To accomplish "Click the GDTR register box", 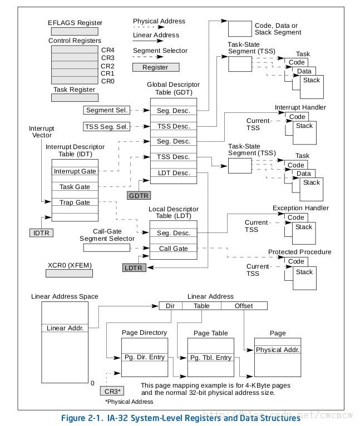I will (139, 196).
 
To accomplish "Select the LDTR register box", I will (134, 268).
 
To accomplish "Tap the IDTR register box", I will (42, 233).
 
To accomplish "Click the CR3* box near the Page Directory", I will (111, 390).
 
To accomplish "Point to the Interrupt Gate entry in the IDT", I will (75, 171).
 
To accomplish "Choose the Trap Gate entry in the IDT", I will (75, 202).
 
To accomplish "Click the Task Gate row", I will (75, 187).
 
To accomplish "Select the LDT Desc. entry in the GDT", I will (174, 173).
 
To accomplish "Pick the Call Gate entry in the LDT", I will (174, 249).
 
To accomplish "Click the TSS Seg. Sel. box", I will (107, 126).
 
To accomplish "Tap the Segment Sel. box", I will (107, 110).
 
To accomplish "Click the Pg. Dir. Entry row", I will (144, 357).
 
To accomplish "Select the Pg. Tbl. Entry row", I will (211, 357).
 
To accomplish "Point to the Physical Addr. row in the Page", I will (277, 350).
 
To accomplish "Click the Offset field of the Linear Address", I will (244, 306).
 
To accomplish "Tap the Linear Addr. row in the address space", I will (65, 328).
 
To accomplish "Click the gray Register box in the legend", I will (155, 67).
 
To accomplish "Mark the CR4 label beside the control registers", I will (108, 49).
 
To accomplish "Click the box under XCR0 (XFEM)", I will (69, 273).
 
